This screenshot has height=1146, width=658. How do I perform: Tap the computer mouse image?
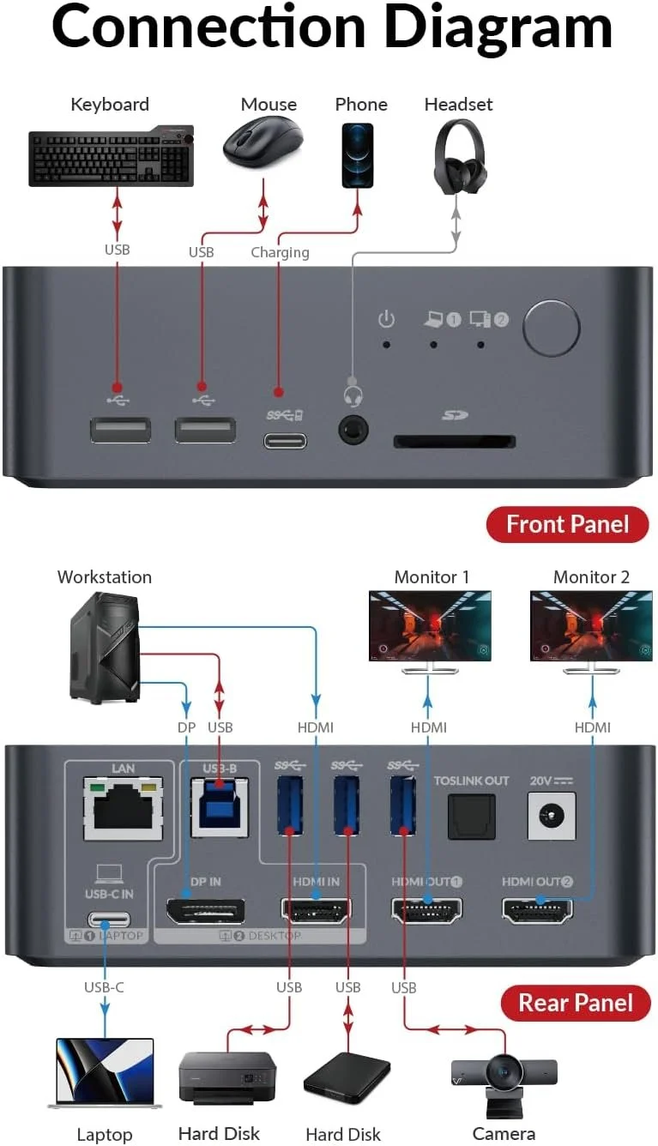(263, 142)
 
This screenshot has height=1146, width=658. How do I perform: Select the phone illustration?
(358, 155)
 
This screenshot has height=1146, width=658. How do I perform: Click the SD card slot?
(454, 442)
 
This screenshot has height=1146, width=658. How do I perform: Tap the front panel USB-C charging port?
(284, 441)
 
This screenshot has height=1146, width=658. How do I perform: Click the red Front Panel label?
(567, 524)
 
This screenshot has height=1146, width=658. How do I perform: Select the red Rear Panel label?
(576, 1002)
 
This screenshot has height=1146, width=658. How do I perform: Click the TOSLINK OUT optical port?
(471, 816)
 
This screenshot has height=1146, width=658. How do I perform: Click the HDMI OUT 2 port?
(538, 911)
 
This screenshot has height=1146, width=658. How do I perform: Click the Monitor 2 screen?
(590, 625)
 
